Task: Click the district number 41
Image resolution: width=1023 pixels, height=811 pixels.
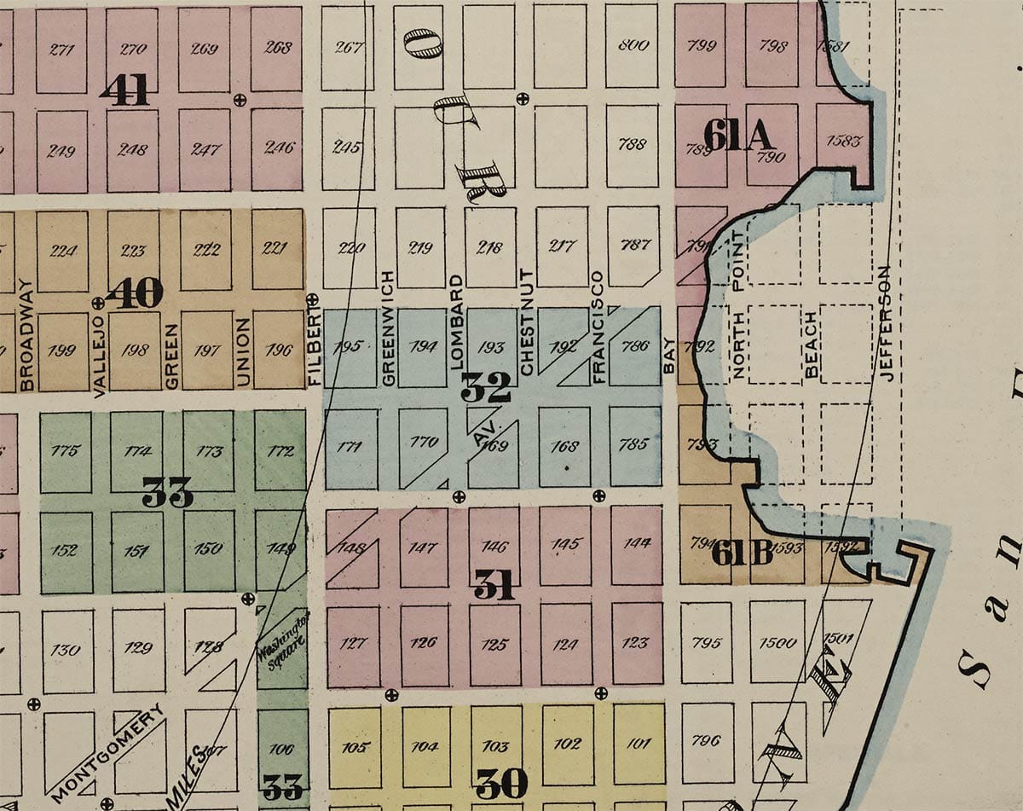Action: tap(124, 90)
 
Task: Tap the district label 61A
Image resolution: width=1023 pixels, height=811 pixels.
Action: tap(737, 136)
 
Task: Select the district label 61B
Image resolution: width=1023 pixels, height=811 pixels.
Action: tap(742, 553)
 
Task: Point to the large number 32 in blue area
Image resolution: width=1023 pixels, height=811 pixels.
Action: tap(486, 388)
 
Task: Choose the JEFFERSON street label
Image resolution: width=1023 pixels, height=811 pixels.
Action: tap(884, 323)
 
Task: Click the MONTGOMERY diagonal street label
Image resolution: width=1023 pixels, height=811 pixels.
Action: tap(107, 753)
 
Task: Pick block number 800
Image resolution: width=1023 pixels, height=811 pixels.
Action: tap(633, 45)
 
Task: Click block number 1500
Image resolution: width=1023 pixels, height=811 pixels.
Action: tap(777, 642)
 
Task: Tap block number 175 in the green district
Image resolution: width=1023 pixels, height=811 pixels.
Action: tap(65, 450)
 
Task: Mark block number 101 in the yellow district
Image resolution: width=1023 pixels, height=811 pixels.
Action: tap(638, 743)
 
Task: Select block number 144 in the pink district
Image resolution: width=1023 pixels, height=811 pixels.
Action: tap(637, 542)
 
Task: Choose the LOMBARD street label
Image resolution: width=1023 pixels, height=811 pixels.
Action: tap(457, 320)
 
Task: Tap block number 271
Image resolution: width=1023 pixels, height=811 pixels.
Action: tap(61, 49)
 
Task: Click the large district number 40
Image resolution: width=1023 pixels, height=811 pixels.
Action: tap(135, 293)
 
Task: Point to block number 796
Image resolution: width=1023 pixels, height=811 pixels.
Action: tap(706, 740)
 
